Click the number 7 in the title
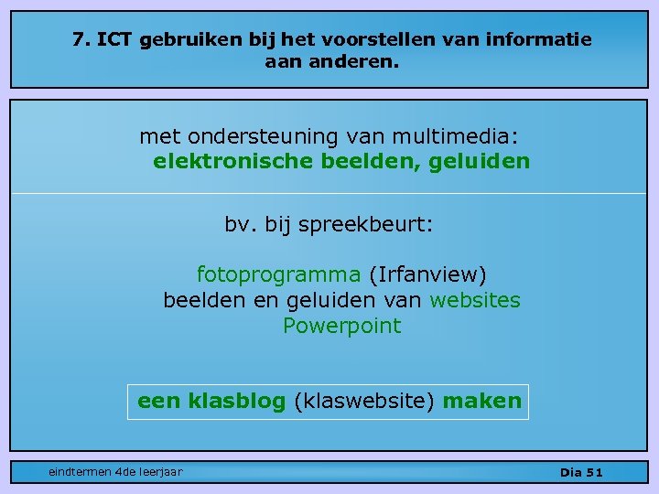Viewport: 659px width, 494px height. coord(79,40)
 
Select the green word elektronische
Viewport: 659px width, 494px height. coord(232,162)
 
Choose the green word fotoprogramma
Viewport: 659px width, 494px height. coord(278,274)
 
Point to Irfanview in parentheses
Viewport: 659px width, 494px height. coord(427,274)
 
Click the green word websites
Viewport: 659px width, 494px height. coord(475,300)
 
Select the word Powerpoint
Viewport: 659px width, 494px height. coord(341,326)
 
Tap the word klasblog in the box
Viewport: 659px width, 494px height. coord(236,401)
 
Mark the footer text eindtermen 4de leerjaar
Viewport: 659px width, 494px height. coord(115,471)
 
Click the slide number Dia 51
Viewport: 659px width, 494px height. coord(581,472)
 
